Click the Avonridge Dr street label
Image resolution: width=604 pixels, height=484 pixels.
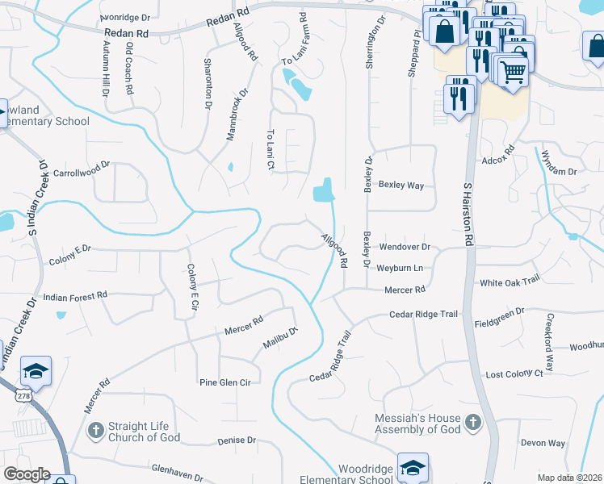(125, 17)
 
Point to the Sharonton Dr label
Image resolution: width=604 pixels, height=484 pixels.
(208, 83)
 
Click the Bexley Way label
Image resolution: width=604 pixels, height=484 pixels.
(401, 186)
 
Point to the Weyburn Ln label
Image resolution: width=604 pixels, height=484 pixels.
(401, 267)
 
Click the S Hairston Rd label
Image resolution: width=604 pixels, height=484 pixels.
(467, 214)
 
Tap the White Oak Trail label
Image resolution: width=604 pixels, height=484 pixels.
(509, 282)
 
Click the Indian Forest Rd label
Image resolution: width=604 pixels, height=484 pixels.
(75, 296)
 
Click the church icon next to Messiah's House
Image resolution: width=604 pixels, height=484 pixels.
(472, 422)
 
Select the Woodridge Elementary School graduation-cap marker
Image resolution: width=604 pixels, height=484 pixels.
(413, 466)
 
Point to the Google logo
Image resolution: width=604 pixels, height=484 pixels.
(26, 474)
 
